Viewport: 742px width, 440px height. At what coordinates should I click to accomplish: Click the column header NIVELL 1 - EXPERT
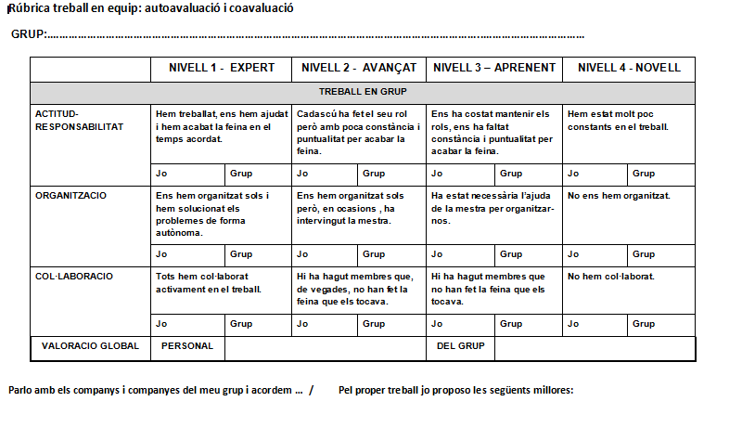[221, 68]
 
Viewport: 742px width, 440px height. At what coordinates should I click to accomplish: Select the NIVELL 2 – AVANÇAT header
[357, 68]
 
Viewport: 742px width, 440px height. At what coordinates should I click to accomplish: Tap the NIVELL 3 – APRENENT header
[494, 68]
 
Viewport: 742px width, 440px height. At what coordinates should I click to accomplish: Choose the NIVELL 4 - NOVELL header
[628, 68]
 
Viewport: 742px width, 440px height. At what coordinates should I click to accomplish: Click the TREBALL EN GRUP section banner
[362, 93]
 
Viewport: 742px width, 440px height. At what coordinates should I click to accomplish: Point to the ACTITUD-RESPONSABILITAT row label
[79, 120]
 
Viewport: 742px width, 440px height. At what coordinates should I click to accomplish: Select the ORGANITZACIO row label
[70, 196]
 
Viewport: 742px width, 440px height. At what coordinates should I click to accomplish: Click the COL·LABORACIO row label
[73, 276]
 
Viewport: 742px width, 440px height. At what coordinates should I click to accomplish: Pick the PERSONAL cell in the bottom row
[187, 346]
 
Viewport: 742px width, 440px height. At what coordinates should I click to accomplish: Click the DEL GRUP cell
[462, 346]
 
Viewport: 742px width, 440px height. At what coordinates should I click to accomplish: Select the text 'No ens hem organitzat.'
[619, 196]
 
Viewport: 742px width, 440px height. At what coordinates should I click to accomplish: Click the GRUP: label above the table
[29, 35]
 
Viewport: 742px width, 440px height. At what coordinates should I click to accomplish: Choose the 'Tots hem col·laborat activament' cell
[210, 282]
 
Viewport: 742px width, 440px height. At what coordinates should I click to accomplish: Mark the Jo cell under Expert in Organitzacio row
[162, 253]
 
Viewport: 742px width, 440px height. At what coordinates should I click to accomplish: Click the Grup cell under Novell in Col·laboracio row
[643, 324]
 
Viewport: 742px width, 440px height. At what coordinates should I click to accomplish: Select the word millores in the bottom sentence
[552, 390]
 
